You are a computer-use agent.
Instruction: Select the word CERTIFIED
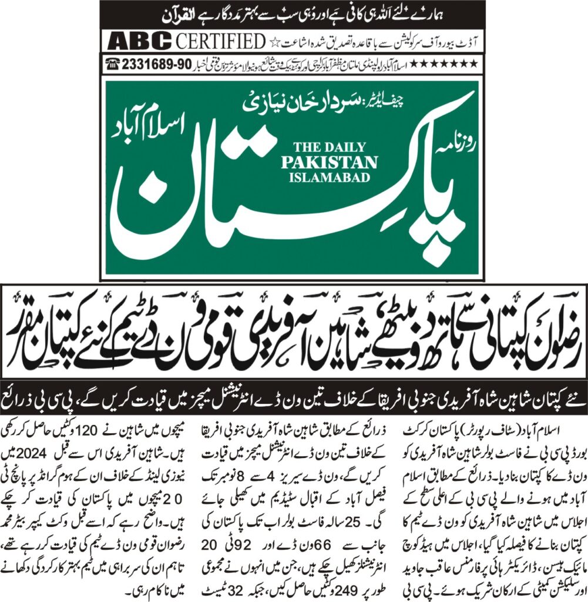[x=220, y=42]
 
